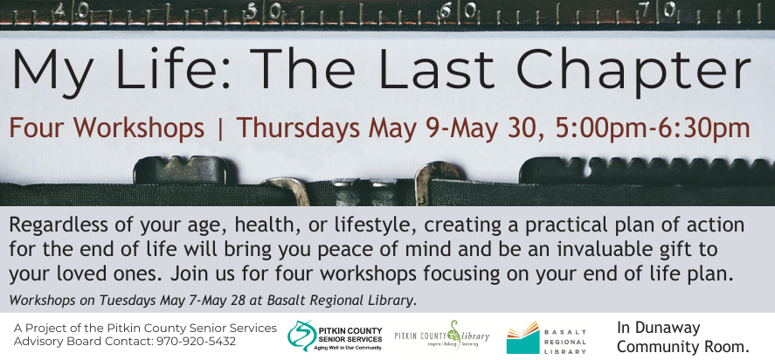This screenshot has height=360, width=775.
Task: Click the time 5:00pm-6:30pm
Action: click(653, 128)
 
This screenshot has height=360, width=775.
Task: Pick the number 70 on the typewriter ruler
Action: click(655, 10)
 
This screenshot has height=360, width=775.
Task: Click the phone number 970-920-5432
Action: click(196, 341)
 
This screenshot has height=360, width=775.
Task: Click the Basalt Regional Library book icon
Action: click(522, 337)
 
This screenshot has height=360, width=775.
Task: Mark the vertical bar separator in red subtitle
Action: click(220, 128)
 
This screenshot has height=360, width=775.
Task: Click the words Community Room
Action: click(682, 347)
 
